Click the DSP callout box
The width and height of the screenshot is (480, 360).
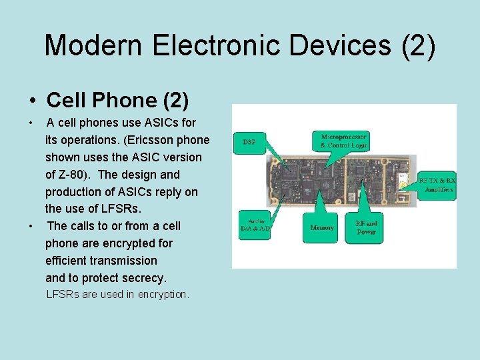249,142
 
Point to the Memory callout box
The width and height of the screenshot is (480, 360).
322,227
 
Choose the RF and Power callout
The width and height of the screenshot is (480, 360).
366,227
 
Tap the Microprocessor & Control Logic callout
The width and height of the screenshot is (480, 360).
343,141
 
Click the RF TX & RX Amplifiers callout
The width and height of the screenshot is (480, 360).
437,185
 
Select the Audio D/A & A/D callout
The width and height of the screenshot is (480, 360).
255,225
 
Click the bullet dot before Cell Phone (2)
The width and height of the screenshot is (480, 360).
33,101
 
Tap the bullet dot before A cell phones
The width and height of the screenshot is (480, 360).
31,123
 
